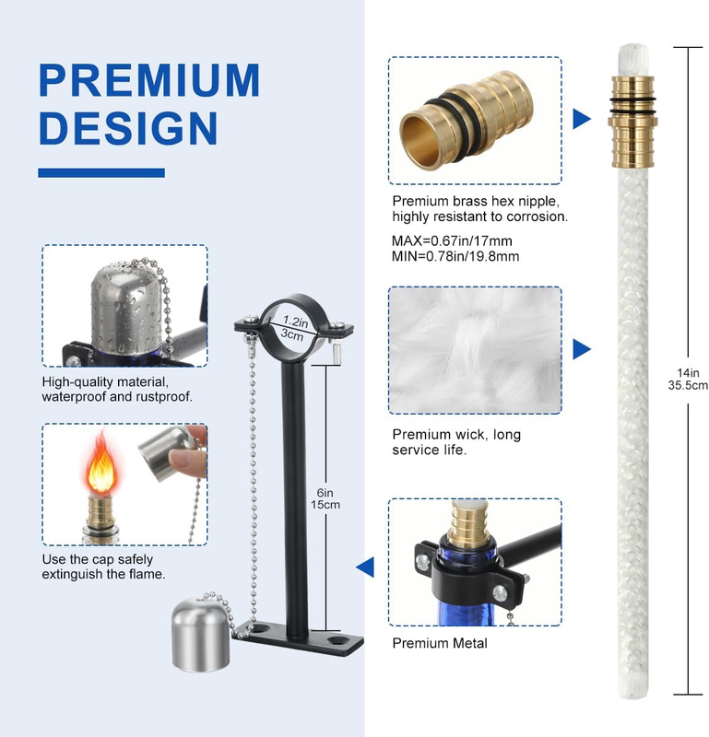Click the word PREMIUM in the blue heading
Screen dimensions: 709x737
point(149,80)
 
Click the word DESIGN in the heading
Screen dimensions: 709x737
point(128,128)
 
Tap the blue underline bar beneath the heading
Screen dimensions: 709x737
point(101,172)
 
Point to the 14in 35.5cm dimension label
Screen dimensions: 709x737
point(688,380)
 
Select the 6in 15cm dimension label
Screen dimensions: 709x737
point(325,498)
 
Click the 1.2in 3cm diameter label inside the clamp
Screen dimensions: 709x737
point(293,328)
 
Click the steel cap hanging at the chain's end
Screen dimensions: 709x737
point(201,635)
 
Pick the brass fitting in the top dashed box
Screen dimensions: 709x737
point(466,120)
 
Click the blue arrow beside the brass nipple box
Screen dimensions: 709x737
point(582,119)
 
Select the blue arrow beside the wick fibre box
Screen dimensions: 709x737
point(582,349)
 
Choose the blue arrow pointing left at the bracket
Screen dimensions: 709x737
point(365,567)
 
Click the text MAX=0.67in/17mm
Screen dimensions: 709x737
point(452,241)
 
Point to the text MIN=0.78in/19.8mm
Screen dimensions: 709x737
point(455,257)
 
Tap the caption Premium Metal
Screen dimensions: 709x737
point(440,643)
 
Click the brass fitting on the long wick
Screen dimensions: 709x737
point(632,122)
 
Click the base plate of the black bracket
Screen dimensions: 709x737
point(299,638)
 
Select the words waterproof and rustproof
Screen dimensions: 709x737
point(117,397)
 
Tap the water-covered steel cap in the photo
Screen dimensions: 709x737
point(126,307)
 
